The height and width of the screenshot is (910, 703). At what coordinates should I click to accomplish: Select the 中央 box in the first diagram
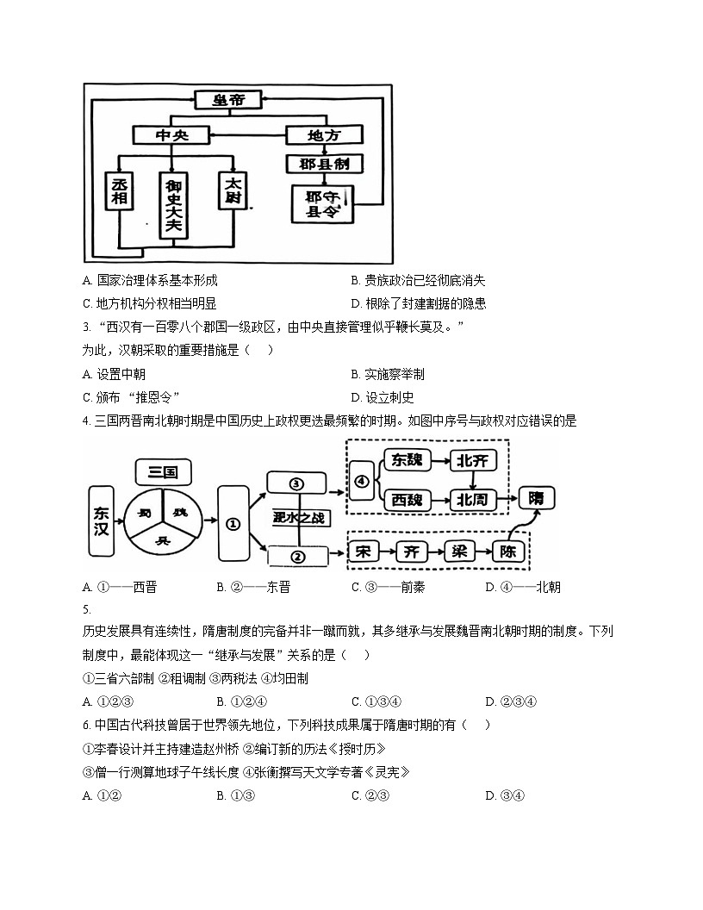click(x=171, y=135)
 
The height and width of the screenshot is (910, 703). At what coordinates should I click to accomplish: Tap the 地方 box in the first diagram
click(x=324, y=135)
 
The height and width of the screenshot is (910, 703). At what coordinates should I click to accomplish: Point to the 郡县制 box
click(x=324, y=163)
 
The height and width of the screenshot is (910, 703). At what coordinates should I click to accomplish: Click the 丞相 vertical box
click(x=119, y=192)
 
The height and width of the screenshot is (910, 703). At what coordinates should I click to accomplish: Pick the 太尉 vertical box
click(x=233, y=192)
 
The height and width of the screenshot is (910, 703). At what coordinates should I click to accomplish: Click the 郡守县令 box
click(x=324, y=204)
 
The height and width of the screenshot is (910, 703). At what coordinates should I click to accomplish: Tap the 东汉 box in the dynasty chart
click(x=102, y=519)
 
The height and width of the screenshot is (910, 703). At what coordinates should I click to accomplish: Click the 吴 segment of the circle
click(x=162, y=540)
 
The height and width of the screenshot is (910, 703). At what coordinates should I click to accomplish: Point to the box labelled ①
click(x=233, y=522)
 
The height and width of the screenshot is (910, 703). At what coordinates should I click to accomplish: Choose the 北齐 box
click(x=474, y=461)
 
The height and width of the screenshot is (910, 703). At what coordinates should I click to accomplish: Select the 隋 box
click(x=537, y=498)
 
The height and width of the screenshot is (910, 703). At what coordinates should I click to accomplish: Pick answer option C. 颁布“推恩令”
click(x=131, y=397)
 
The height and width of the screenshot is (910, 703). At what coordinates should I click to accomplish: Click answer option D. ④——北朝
click(x=522, y=588)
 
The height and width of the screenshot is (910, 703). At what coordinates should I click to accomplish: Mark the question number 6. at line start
click(x=87, y=725)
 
